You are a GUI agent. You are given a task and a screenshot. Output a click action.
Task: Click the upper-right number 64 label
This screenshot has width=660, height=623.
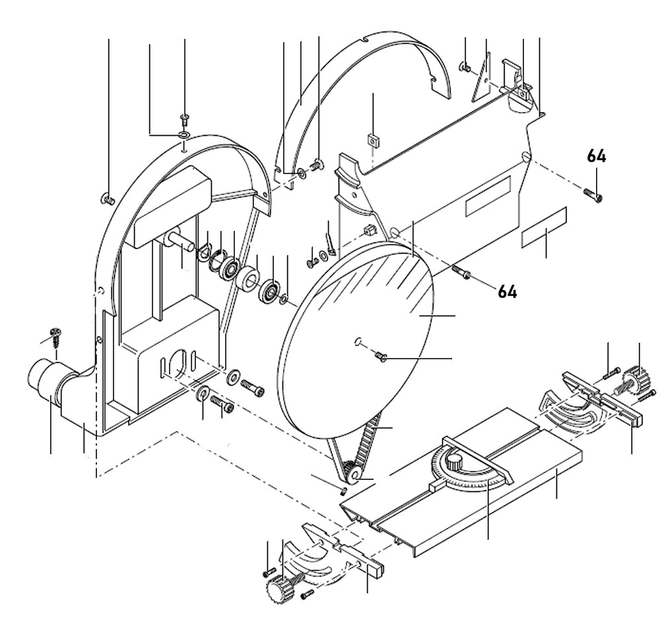coord(597,156)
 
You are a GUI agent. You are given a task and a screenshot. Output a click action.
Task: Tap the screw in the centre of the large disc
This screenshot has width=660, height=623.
coord(380,356)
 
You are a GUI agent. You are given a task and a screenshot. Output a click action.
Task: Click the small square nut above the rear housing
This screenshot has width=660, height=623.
coord(373,140)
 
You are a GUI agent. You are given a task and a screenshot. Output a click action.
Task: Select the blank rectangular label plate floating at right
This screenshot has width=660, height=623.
coord(544,227)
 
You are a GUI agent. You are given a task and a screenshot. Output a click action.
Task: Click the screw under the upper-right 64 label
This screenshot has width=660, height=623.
coord(593,194)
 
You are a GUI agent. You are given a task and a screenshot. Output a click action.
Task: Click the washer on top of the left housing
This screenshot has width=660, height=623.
coord(183,135)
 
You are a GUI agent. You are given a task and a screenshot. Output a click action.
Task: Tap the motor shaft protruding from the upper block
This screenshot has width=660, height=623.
coord(182,241)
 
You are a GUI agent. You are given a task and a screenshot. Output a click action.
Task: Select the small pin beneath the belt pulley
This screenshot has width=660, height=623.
coord(342,490)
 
